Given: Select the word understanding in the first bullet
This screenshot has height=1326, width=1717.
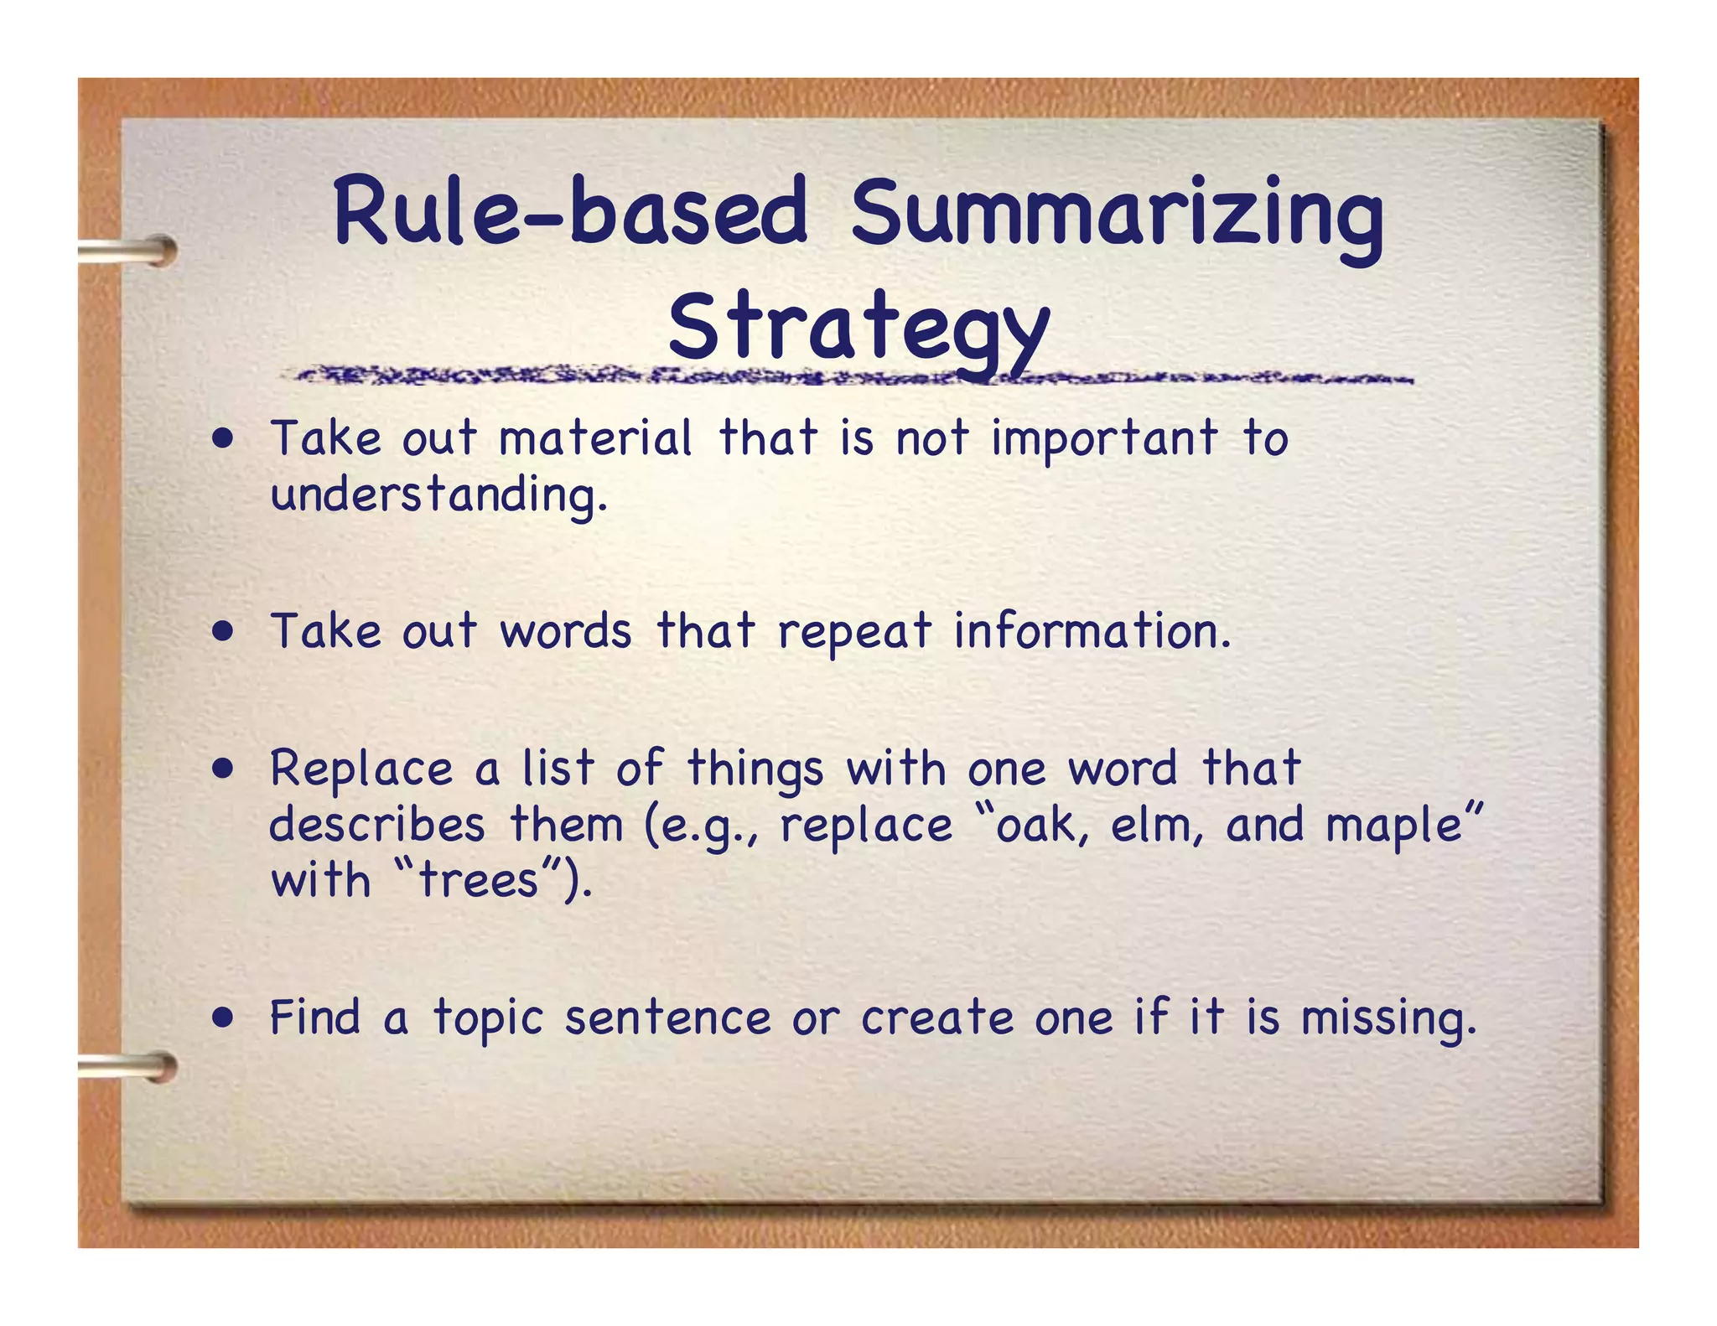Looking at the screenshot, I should [438, 495].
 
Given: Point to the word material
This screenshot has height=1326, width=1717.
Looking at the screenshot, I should [595, 438].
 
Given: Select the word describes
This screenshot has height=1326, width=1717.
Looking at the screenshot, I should [377, 825].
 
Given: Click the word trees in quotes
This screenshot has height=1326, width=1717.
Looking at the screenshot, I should [478, 880].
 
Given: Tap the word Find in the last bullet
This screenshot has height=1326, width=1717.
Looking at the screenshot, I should [314, 1018].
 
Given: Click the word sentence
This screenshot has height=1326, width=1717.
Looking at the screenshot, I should [667, 1018].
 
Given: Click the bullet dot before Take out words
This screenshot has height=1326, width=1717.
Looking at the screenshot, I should [223, 631].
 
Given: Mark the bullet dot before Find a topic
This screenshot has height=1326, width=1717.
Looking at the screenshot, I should [223, 1018].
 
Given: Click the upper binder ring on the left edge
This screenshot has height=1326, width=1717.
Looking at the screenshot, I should [130, 250].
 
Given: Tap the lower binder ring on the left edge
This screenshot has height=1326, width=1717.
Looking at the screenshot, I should [130, 1067].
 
